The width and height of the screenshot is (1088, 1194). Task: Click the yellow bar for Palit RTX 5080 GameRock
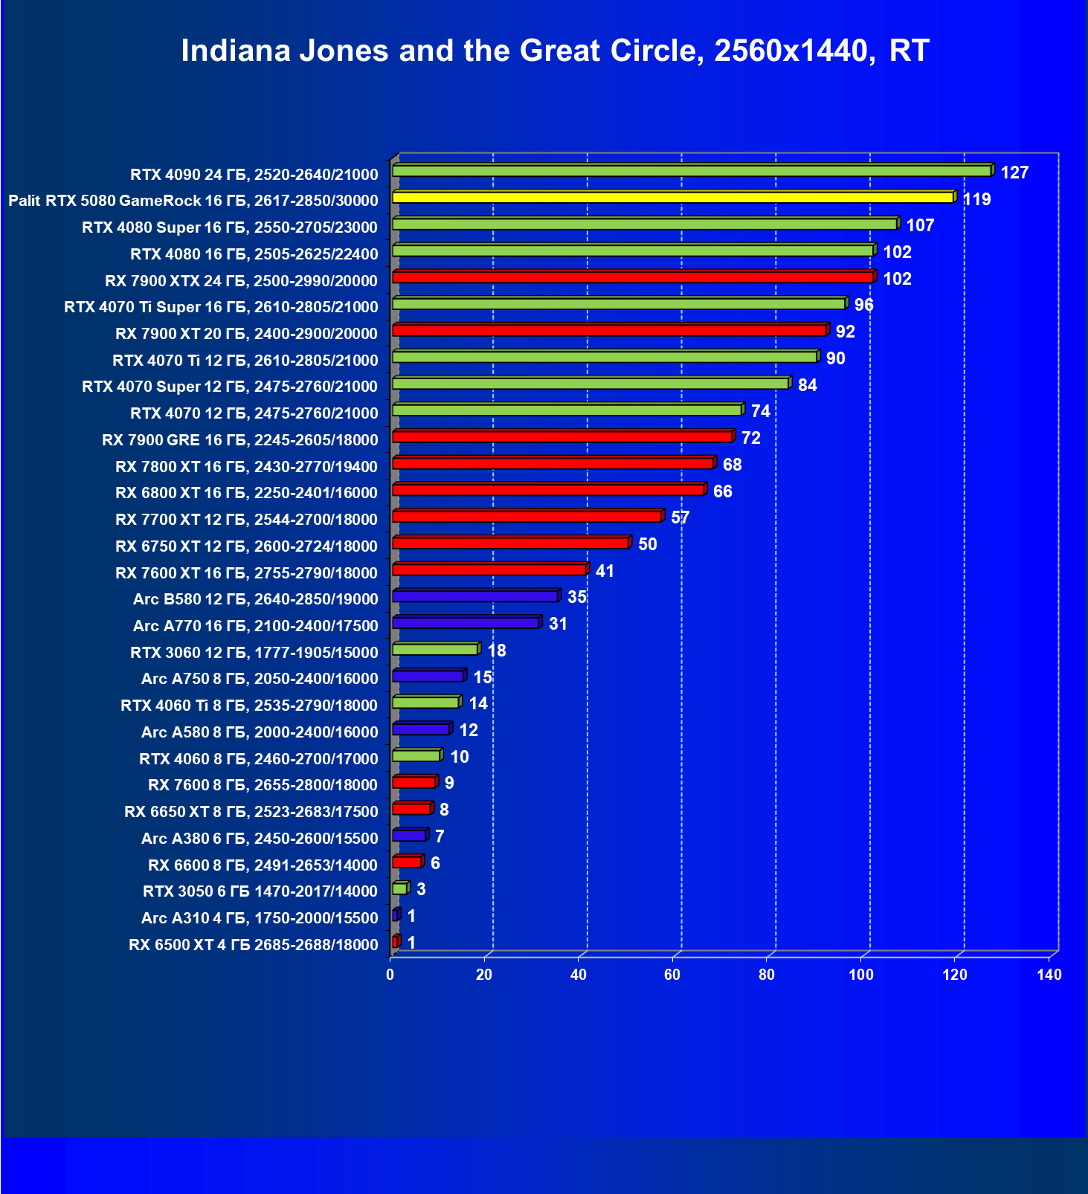(672, 198)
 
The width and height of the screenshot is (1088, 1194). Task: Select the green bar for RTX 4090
(691, 171)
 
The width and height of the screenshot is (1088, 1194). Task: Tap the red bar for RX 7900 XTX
(632, 277)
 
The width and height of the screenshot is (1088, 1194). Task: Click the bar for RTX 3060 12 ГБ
(434, 650)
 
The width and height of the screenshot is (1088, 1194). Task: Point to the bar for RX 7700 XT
(527, 517)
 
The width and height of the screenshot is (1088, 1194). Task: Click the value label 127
(1014, 173)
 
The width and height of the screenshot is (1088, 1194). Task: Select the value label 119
(977, 199)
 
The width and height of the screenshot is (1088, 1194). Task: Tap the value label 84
(807, 385)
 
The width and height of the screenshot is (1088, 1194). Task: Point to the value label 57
(680, 517)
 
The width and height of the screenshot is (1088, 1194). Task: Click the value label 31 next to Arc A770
(558, 624)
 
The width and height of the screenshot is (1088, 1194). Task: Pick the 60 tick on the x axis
(672, 975)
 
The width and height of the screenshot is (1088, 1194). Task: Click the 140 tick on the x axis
(1049, 975)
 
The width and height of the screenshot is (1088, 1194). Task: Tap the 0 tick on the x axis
(390, 975)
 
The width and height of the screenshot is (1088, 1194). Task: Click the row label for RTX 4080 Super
(230, 227)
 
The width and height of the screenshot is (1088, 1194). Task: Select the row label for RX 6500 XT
(254, 945)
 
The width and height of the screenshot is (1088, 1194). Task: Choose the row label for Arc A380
(260, 839)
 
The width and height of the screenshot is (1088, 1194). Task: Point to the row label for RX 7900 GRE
(240, 440)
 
